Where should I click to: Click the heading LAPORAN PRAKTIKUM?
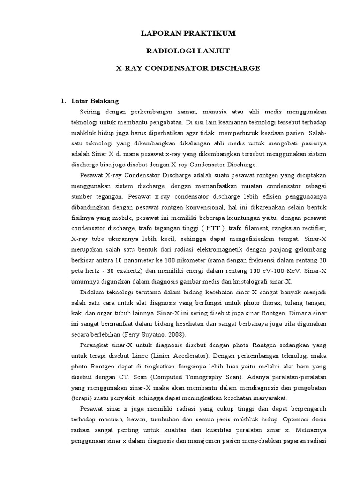(188, 33)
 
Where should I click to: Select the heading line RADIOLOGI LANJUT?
(188, 51)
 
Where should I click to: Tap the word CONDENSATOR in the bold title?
(177, 68)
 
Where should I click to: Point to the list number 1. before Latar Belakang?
(63, 101)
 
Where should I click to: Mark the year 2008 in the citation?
(176, 335)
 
